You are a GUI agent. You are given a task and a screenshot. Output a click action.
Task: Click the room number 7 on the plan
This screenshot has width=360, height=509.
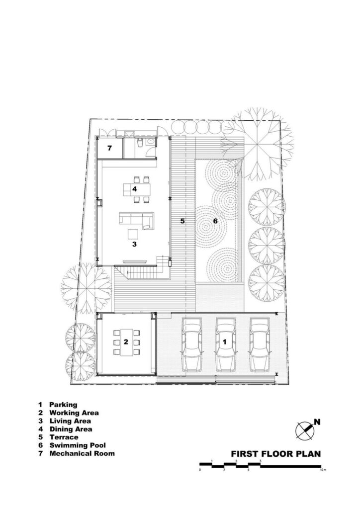pyautogui.click(x=109, y=148)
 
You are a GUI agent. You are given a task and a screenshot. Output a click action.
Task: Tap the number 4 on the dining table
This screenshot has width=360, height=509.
pyautogui.click(x=134, y=188)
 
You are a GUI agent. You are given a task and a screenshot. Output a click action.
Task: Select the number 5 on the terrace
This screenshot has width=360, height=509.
pyautogui.click(x=182, y=221)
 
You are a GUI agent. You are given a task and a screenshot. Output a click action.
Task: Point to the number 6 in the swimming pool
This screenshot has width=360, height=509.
pyautogui.click(x=215, y=221)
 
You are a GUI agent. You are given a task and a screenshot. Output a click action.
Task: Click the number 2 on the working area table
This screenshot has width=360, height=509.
pyautogui.click(x=126, y=342)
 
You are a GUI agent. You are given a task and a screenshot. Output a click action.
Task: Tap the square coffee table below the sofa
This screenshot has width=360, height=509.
pyautogui.click(x=133, y=234)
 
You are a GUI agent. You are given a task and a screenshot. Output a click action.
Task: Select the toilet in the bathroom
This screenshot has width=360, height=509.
pyautogui.click(x=140, y=143)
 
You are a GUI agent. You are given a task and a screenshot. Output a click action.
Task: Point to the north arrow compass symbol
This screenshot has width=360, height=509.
pyautogui.click(x=305, y=430)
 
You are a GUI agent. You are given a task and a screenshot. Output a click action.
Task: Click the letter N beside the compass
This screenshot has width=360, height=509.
pyautogui.click(x=317, y=422)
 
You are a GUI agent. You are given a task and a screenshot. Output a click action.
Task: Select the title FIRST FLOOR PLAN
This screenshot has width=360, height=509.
pyautogui.click(x=275, y=453)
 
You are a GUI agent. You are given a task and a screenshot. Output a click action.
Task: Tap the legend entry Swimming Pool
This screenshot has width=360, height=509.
pyautogui.click(x=78, y=445)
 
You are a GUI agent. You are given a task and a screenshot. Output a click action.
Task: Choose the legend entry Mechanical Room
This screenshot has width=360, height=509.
pyautogui.click(x=82, y=453)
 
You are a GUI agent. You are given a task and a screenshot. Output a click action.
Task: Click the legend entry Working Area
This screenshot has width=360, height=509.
pyautogui.click(x=74, y=413)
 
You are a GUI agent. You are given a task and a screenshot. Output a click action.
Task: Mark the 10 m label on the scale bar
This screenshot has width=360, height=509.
pyautogui.click(x=322, y=470)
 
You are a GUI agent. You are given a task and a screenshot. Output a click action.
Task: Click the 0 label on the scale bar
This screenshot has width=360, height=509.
pyautogui.click(x=200, y=470)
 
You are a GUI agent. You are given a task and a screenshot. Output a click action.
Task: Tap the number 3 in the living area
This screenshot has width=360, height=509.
pyautogui.click(x=134, y=244)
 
